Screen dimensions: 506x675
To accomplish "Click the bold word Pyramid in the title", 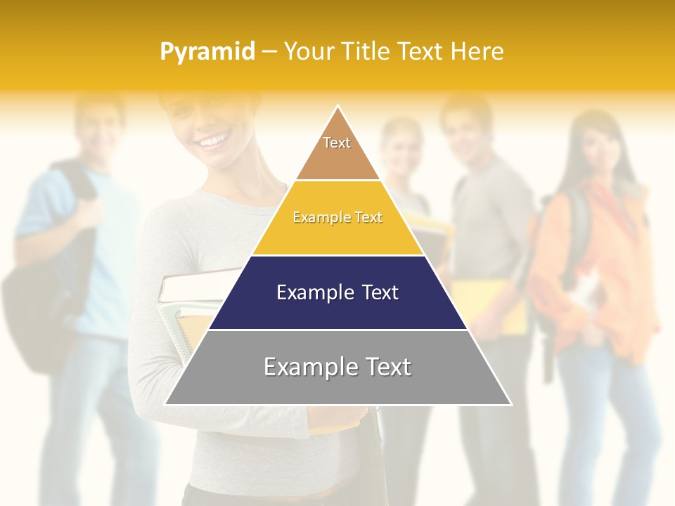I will click(207, 52).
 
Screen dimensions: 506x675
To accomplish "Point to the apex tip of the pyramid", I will click(338, 107).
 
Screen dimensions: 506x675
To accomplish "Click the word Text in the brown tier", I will click(337, 143).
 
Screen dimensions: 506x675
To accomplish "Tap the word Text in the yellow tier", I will click(368, 218).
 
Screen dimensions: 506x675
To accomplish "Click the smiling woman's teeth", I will click(214, 143).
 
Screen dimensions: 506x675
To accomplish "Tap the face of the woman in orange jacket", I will click(591, 148).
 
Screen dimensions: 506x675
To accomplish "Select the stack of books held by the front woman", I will click(186, 309).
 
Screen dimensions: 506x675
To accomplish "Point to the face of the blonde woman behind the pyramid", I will click(402, 148).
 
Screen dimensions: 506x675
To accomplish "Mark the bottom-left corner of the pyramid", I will click(165, 404).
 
